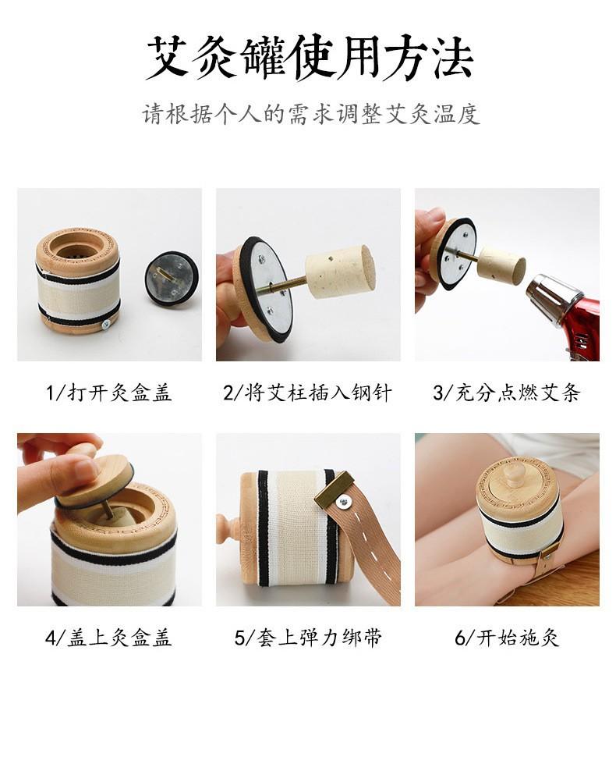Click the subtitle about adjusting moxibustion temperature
(x=310, y=115)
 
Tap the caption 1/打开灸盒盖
(x=108, y=393)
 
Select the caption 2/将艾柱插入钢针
(x=307, y=393)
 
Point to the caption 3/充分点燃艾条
(x=507, y=393)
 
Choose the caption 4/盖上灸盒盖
(x=108, y=638)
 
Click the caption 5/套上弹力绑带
(x=308, y=638)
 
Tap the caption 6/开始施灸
(x=507, y=638)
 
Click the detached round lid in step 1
(x=172, y=278)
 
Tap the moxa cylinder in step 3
(x=501, y=265)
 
